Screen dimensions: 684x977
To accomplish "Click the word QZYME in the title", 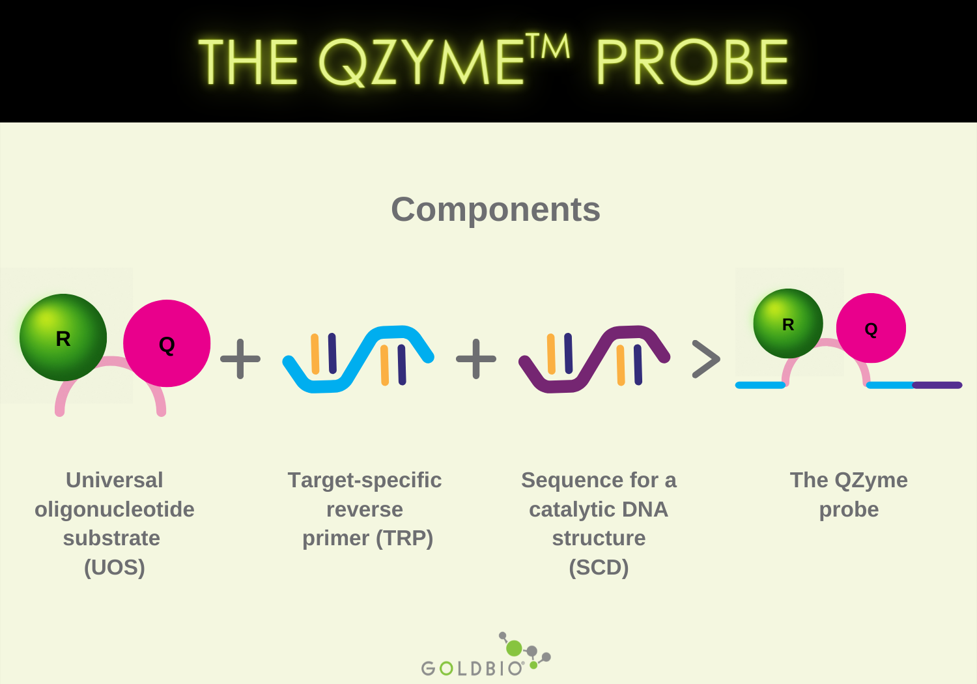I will pos(420,63).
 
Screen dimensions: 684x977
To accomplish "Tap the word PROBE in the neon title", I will pos(692,63).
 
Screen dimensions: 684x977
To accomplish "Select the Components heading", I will pos(495,209).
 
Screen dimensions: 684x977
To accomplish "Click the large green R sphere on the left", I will pos(63,337).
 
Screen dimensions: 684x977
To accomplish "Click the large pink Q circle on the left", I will pos(167,343).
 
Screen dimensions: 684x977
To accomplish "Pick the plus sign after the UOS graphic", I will pos(240,358).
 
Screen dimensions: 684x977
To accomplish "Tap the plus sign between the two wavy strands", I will pos(476,358).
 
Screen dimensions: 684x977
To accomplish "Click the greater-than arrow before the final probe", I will pos(706,359).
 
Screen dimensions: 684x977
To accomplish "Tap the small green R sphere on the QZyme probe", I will pos(788,324).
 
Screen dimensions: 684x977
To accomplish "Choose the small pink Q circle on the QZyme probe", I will pos(871,328).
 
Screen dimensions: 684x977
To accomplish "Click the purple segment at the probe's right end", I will pos(938,385).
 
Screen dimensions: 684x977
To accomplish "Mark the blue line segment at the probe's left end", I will pos(759,385).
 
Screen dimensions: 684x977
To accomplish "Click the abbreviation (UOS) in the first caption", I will pos(115,567).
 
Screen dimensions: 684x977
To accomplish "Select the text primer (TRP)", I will pos(367,538).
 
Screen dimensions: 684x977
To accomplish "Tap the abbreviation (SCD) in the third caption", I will pos(599,567).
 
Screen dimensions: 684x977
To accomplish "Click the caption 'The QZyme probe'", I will pos(849,494).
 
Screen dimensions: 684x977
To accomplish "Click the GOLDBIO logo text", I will pos(472,668).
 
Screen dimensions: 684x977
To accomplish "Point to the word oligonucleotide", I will pos(115,509).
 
